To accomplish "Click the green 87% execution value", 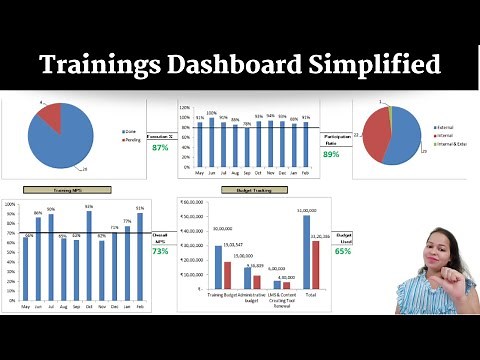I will (160, 148).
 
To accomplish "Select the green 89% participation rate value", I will (331, 154).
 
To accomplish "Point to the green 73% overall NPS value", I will (160, 252).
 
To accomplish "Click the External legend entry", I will (444, 129).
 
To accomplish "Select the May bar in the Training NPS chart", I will (25, 268).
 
